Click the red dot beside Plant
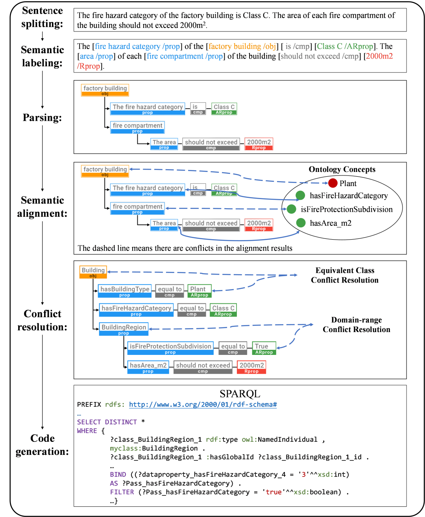(x=333, y=183)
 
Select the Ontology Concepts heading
(x=342, y=170)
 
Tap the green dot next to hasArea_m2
(x=301, y=223)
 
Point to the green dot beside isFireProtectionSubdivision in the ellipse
(x=292, y=209)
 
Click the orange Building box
(x=93, y=272)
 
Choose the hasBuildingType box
(x=125, y=291)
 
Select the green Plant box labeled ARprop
(x=200, y=291)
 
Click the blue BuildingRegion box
(x=124, y=329)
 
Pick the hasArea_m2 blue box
(x=148, y=367)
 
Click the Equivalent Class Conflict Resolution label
(x=345, y=275)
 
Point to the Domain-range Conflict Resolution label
(x=357, y=325)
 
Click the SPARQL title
(x=240, y=394)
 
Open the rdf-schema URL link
(x=203, y=404)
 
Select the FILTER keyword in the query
(x=122, y=492)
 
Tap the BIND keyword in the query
(x=118, y=475)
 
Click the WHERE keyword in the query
(x=87, y=431)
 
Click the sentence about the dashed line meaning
(x=185, y=248)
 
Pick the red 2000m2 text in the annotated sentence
(x=379, y=56)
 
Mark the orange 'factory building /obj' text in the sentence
(x=242, y=46)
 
